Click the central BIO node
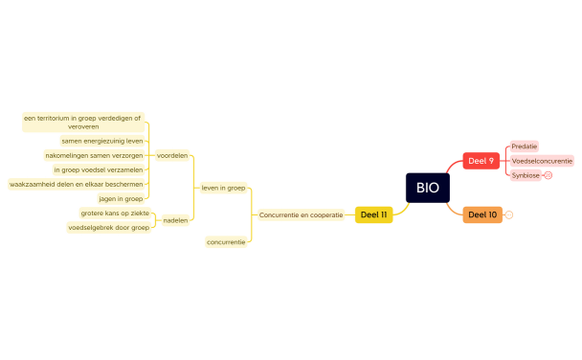(x=427, y=188)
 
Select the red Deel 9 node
(x=481, y=161)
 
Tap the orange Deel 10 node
(x=482, y=214)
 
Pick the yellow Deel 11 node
(x=373, y=214)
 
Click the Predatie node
(x=524, y=146)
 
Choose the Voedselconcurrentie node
(x=542, y=161)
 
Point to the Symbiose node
(x=525, y=175)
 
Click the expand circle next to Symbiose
(x=548, y=175)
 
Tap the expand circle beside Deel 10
(x=508, y=214)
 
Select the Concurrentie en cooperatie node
(x=301, y=214)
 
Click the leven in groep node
(x=223, y=188)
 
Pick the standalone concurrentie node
(x=227, y=242)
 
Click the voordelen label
(x=172, y=155)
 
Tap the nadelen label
(x=175, y=220)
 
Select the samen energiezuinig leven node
(x=102, y=140)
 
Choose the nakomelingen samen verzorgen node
(x=94, y=155)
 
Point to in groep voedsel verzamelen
(x=98, y=169)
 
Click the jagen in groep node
(x=121, y=198)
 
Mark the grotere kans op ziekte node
(x=115, y=213)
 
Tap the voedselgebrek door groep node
(x=108, y=228)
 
